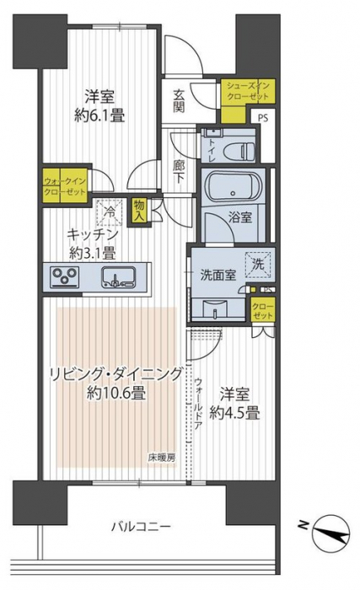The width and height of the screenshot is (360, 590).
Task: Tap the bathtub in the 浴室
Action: coord(233,187)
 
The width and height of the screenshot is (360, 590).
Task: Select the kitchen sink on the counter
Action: coord(118,276)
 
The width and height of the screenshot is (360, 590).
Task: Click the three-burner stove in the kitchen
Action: coord(65,276)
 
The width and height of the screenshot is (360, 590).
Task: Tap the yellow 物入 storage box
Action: coord(138,211)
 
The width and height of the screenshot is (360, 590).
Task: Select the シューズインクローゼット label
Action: coord(248,91)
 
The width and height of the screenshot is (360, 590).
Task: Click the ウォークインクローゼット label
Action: coord(65,186)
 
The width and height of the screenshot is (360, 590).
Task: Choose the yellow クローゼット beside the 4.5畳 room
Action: coord(263,310)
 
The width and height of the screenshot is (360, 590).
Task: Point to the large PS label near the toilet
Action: coord(263,118)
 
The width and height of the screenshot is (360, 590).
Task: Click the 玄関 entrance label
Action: coord(179,101)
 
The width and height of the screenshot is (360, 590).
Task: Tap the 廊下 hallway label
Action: coord(178,172)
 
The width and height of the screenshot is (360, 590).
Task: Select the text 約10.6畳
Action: coord(116,394)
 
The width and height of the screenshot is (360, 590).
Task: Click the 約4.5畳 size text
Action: coord(235,414)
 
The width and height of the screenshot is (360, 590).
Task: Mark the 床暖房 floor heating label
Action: coord(162,458)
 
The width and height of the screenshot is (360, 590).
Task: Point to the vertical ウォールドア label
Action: coord(198,405)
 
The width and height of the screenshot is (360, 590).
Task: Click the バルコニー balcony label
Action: coord(141,526)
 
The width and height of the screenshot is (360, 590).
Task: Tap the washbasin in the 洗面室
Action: coord(215,310)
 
